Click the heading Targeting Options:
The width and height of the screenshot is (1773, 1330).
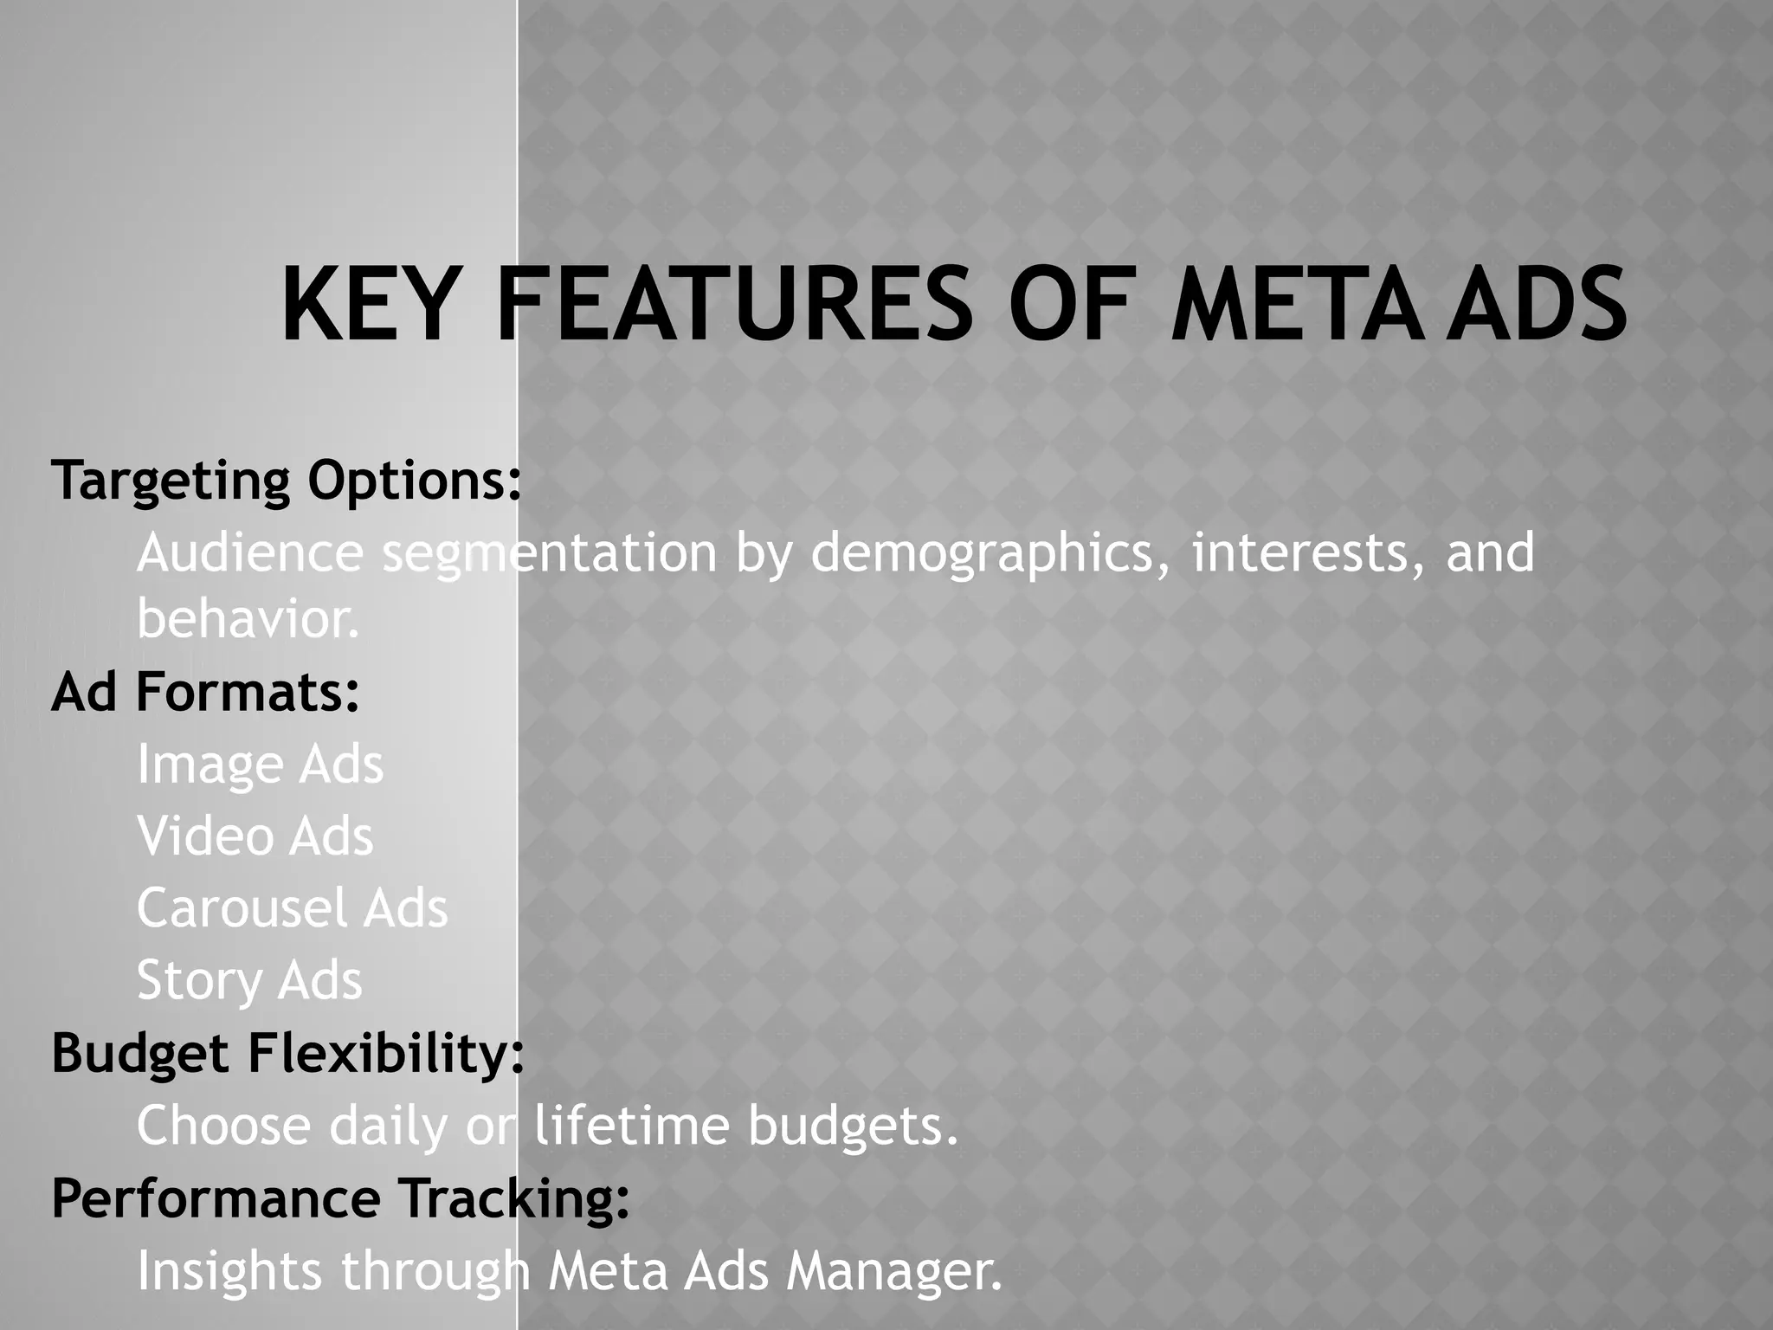coord(287,481)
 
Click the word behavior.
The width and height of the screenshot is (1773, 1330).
coord(248,620)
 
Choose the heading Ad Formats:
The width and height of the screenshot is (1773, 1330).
coord(205,693)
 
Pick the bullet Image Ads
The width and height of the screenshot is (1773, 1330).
coord(260,765)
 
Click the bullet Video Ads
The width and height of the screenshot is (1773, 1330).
coord(255,837)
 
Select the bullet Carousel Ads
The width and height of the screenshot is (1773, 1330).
coord(293,909)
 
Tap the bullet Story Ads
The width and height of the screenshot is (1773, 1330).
coord(249,981)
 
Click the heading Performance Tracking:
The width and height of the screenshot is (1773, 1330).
coord(340,1198)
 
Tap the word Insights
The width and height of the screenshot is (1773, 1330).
coord(229,1271)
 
